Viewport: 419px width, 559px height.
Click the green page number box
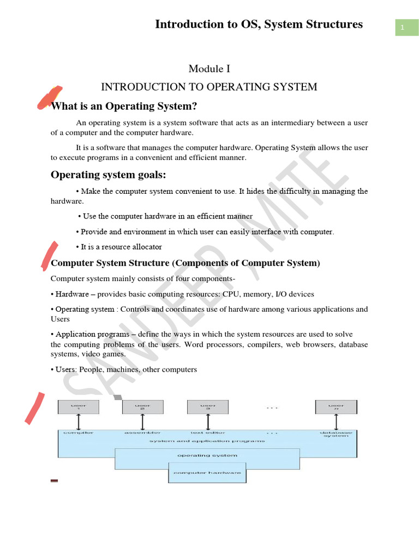tap(402, 27)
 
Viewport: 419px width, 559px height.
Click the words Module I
tap(206, 68)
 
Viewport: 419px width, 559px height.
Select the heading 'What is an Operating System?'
tap(124, 105)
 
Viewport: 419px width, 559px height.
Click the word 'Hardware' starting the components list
tap(73, 294)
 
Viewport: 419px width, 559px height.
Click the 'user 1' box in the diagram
tap(79, 407)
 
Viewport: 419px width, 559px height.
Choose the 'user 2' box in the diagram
tap(142, 407)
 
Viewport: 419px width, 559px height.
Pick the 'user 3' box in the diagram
tap(207, 407)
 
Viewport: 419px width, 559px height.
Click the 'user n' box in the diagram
tap(336, 407)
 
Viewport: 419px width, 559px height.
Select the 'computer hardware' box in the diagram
tap(207, 473)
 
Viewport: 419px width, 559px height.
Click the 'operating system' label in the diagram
tap(207, 455)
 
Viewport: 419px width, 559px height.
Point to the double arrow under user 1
tap(79, 422)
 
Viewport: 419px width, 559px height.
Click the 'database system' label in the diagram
tap(336, 435)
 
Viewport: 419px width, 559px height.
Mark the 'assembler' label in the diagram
tap(142, 433)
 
